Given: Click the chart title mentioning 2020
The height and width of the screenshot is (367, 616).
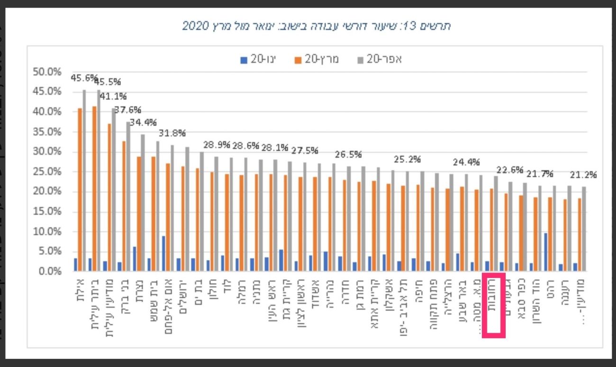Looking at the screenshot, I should coord(317,26).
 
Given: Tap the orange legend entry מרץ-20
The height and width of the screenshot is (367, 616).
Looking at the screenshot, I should coord(317,60).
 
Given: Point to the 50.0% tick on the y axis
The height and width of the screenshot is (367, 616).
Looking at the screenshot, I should coord(47,72).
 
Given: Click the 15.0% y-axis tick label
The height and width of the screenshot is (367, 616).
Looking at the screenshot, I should coord(47,211).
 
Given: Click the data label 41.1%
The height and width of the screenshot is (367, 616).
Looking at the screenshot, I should coord(113,97).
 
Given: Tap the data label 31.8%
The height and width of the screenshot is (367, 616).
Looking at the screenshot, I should coord(172,133).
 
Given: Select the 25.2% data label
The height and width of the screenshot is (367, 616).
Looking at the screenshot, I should coord(408,159).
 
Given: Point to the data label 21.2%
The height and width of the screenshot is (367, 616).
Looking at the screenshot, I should coord(584,175).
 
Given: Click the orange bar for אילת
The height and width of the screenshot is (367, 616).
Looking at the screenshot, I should coord(80,190).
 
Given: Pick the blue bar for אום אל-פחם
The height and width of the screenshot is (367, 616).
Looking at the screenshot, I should coord(163,254).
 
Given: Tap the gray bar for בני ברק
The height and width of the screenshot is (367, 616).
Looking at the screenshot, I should coord(128,196).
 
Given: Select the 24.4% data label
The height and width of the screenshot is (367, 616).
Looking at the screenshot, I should coord(466,163).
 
